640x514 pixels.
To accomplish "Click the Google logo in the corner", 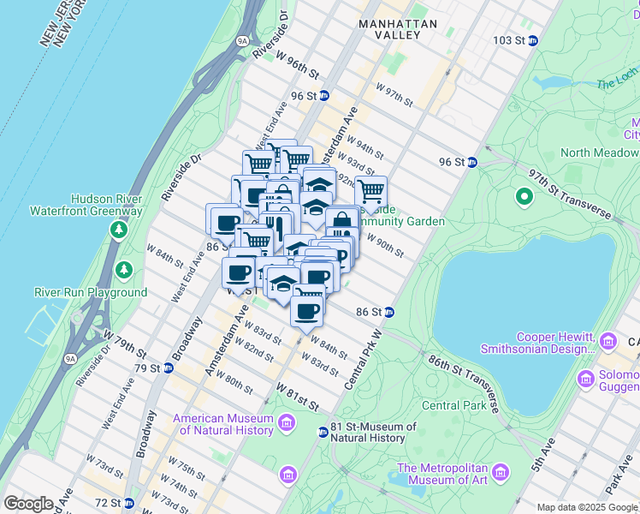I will pos(28,504).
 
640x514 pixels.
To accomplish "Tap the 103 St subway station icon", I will pos(532,40).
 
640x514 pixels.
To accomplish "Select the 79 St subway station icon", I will pos(168,368).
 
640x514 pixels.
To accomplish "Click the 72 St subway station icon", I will pos(128,502).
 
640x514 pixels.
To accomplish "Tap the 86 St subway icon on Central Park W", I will pos(388,313).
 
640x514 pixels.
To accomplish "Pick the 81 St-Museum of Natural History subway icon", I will pos(323,433).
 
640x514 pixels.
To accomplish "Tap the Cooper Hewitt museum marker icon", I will pos(608,342).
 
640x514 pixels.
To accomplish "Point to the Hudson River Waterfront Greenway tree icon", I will pos(119,230).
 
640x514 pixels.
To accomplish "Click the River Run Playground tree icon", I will pos(125,271).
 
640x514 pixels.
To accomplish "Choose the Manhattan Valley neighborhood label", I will pos(398,30).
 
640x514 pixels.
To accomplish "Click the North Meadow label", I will pos(599,152).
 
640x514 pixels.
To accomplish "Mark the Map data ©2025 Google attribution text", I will pos(587,507).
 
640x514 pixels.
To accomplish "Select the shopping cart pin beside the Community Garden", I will pos(370,192).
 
